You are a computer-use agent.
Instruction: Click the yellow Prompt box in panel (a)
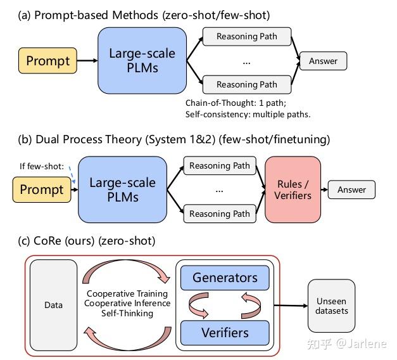click(48, 61)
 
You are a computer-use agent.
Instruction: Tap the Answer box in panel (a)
click(323, 61)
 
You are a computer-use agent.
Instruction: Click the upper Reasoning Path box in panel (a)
click(247, 37)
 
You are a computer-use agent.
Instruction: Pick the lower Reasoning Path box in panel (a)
click(247, 84)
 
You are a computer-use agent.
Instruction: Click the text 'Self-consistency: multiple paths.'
click(248, 114)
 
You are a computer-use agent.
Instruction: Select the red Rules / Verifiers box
click(293, 189)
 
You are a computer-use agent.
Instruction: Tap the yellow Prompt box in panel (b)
click(42, 190)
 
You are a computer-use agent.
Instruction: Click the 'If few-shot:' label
click(42, 167)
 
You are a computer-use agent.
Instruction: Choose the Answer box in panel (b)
click(351, 190)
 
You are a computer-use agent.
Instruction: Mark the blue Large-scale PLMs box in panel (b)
click(122, 190)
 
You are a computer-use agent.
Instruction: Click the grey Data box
click(54, 305)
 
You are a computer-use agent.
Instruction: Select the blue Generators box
click(225, 278)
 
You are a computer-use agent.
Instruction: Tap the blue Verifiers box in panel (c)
click(225, 331)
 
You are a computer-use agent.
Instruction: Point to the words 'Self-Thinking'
click(128, 314)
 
